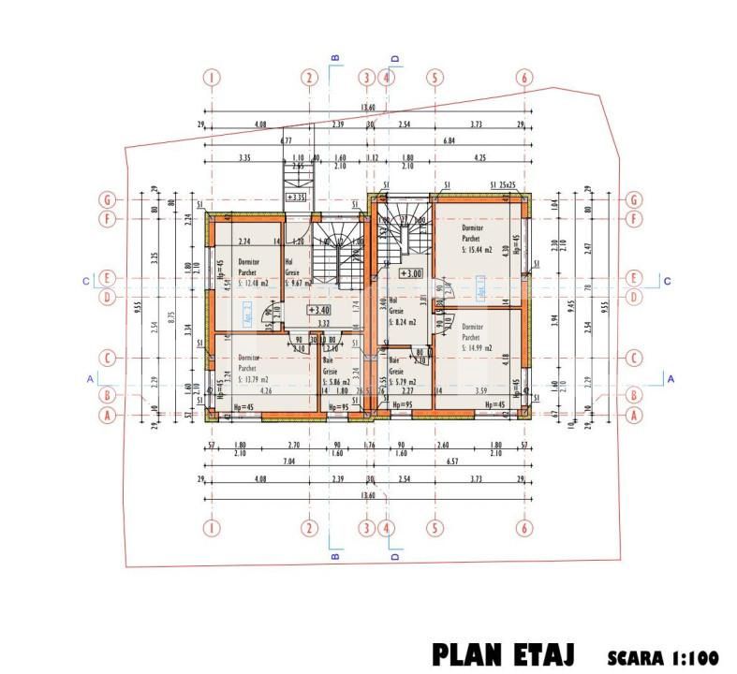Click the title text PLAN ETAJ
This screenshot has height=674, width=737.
[503, 652]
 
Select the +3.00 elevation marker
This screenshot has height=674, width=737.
[410, 273]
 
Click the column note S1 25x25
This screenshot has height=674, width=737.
[503, 185]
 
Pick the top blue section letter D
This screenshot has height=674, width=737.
[394, 58]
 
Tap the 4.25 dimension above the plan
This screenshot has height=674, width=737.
[479, 157]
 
